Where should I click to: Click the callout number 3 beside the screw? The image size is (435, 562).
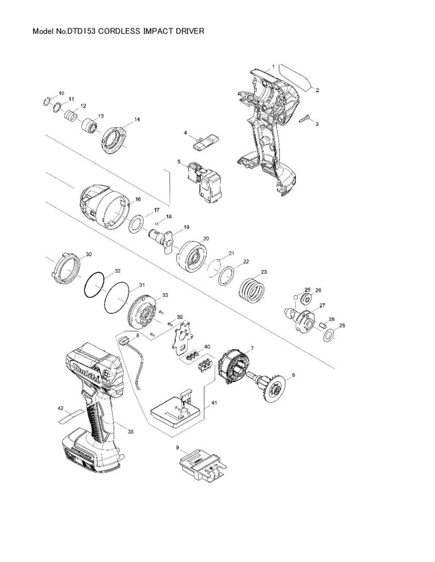(317, 125)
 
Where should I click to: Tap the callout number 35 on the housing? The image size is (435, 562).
(131, 432)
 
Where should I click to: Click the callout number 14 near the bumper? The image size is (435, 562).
(137, 119)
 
